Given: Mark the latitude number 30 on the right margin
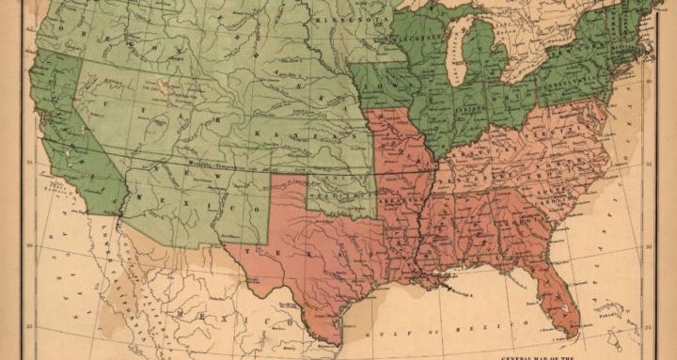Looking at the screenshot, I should coord(648,247).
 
